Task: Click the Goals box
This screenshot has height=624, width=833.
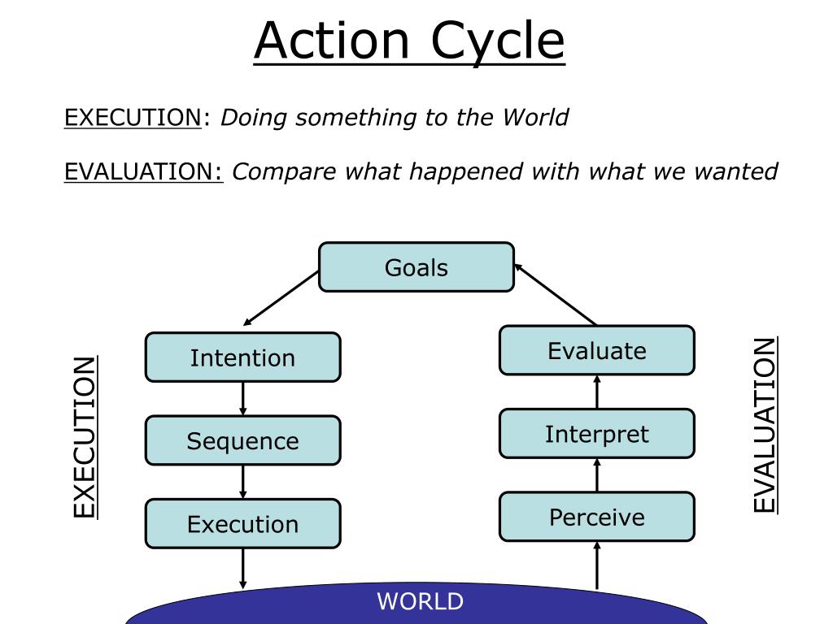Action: tap(416, 267)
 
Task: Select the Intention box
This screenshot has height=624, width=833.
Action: tap(242, 357)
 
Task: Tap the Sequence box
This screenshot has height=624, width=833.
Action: tap(242, 440)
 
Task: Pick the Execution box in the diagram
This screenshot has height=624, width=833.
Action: tap(242, 523)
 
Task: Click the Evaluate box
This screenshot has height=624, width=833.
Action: tap(596, 351)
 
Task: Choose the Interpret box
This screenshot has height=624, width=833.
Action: tap(596, 434)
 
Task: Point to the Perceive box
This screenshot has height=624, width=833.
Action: tap(596, 517)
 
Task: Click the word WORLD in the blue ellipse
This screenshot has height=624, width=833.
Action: tap(420, 602)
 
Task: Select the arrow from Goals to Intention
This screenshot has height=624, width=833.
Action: tap(281, 298)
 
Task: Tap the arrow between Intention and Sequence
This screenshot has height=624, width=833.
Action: tap(242, 398)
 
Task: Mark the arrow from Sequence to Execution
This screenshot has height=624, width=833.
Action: tap(242, 481)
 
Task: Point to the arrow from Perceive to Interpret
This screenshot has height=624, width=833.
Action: tap(596, 475)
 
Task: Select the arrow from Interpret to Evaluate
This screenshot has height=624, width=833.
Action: tap(596, 392)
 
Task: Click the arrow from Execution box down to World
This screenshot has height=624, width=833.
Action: tap(242, 568)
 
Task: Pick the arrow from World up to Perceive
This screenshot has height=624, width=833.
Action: tap(596, 565)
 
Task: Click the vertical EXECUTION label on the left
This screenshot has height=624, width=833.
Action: tap(85, 436)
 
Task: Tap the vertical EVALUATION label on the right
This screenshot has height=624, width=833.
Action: tap(764, 425)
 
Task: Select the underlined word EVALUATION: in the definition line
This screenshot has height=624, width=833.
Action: tap(144, 171)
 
